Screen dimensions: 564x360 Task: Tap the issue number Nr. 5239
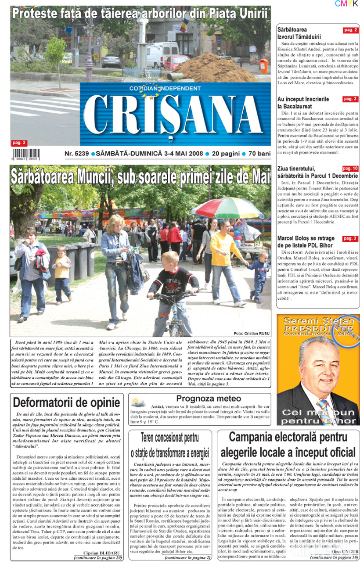(x=77, y=154)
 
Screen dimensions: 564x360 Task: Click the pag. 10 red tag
(x=350, y=169)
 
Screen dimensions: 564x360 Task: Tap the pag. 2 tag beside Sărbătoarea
(x=350, y=30)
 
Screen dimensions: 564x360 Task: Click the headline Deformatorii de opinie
(x=66, y=402)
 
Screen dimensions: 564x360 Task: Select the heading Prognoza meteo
(x=209, y=399)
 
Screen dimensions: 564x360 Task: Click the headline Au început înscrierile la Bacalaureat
(x=303, y=103)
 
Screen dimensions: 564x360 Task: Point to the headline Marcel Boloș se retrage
(x=306, y=242)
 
